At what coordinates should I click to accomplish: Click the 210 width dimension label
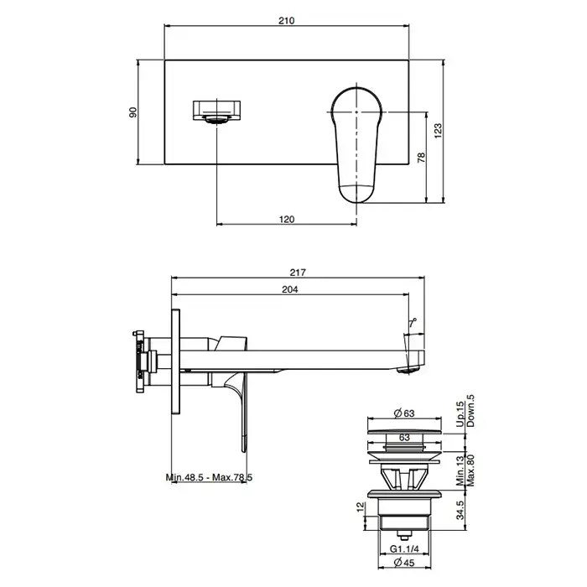pos(287,20)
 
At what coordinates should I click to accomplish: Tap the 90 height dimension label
pos(132,112)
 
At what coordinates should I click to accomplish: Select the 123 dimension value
pos(438,131)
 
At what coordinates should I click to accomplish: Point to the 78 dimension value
pos(422,158)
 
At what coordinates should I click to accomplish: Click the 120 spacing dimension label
pos(287,219)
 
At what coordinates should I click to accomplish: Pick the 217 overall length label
pos(298,273)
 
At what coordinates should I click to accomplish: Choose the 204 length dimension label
pos(290,289)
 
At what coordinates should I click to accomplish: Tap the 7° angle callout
pos(413,323)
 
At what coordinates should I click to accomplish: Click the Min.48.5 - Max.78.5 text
pos(209,478)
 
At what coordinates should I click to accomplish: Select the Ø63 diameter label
pos(404,413)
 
